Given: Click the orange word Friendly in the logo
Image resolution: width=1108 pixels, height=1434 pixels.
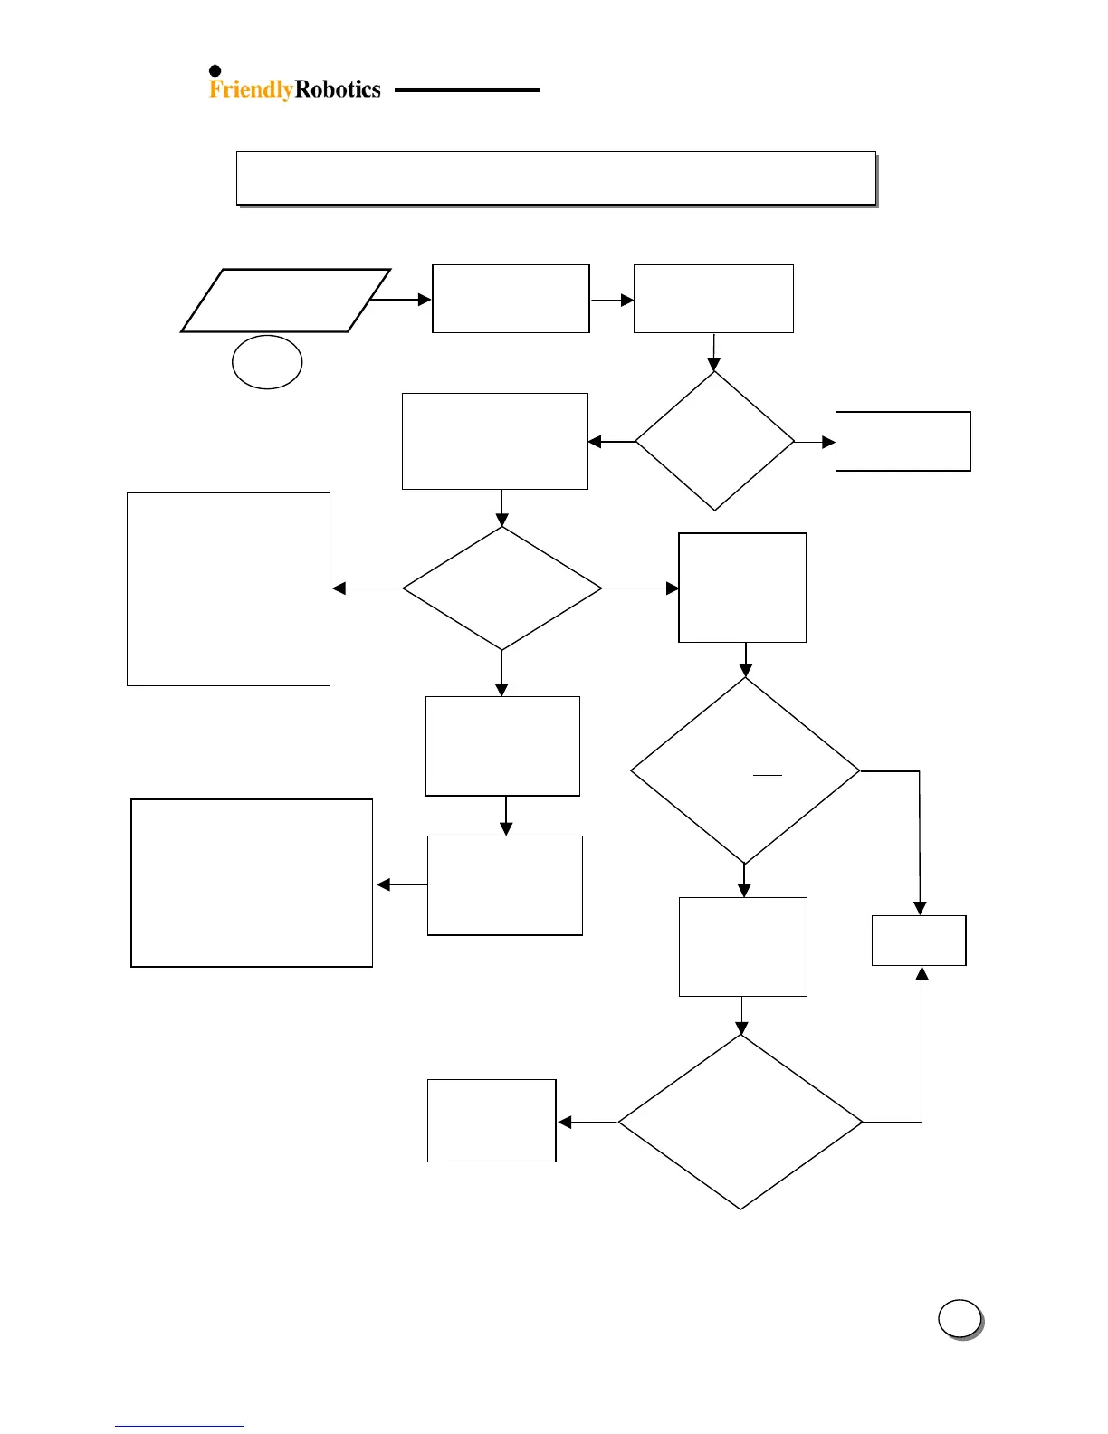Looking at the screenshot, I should [251, 90].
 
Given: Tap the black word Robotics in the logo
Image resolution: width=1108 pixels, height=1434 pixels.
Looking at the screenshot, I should [338, 90].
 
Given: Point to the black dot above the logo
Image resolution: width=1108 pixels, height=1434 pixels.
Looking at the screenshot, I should [215, 72].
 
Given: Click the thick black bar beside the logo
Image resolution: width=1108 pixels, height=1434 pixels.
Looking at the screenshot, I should [466, 91].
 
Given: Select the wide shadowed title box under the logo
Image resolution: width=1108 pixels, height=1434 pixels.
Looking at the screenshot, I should [556, 177].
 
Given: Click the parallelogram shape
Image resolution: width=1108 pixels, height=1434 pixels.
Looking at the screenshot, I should [285, 301].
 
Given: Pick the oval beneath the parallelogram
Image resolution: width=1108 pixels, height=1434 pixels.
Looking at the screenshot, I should [267, 362].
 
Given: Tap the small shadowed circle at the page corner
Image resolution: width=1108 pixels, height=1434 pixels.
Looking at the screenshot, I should [960, 1319].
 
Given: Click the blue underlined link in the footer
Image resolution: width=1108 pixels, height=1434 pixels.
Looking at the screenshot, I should [178, 1426].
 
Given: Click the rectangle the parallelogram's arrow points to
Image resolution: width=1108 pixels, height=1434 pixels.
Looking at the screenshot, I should [511, 299].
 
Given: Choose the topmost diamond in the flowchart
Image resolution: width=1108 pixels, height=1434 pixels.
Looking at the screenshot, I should [714, 442].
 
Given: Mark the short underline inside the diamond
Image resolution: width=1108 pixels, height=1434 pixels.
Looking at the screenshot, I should [768, 776].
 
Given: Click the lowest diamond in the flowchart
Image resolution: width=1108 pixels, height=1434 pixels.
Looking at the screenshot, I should [740, 1123].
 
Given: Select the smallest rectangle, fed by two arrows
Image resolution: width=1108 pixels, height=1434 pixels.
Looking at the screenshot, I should [919, 941].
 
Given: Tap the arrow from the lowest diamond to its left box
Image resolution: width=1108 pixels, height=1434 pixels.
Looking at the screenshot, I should [587, 1123].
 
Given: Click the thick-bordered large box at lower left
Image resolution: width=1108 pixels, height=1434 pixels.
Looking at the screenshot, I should [252, 883].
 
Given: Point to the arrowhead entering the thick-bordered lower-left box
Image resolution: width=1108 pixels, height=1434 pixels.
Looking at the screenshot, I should [383, 884].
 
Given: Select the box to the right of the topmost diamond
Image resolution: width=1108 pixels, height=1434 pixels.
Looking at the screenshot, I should [903, 441].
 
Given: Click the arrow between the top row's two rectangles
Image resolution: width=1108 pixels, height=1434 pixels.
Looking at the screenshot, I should [612, 300].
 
